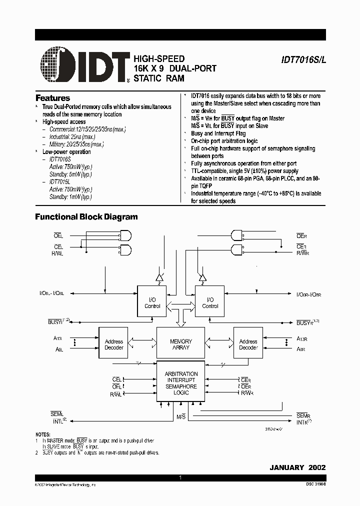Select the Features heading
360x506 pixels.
52,98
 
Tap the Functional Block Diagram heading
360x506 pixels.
86,217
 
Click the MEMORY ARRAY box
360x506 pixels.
181,344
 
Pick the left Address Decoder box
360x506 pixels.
114,344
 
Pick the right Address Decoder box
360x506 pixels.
248,344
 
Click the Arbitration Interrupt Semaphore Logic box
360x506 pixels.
181,383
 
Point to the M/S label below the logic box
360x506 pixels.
181,416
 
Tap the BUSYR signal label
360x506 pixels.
306,323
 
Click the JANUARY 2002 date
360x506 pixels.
297,467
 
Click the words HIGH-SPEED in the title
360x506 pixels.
159,58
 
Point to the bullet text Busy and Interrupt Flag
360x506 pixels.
218,133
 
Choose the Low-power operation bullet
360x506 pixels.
66,151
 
